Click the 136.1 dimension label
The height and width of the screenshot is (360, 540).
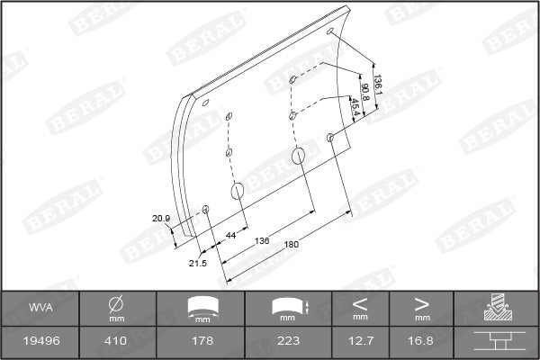(379, 86)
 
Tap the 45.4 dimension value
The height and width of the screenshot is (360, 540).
(355, 106)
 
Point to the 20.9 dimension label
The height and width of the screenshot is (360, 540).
(160, 219)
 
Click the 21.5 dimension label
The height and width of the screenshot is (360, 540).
(197, 263)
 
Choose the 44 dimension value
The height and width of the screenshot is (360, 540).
(230, 235)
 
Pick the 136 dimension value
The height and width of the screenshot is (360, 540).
(262, 241)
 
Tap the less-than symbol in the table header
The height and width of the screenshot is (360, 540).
(361, 303)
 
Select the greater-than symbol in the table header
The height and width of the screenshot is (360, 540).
(422, 303)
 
